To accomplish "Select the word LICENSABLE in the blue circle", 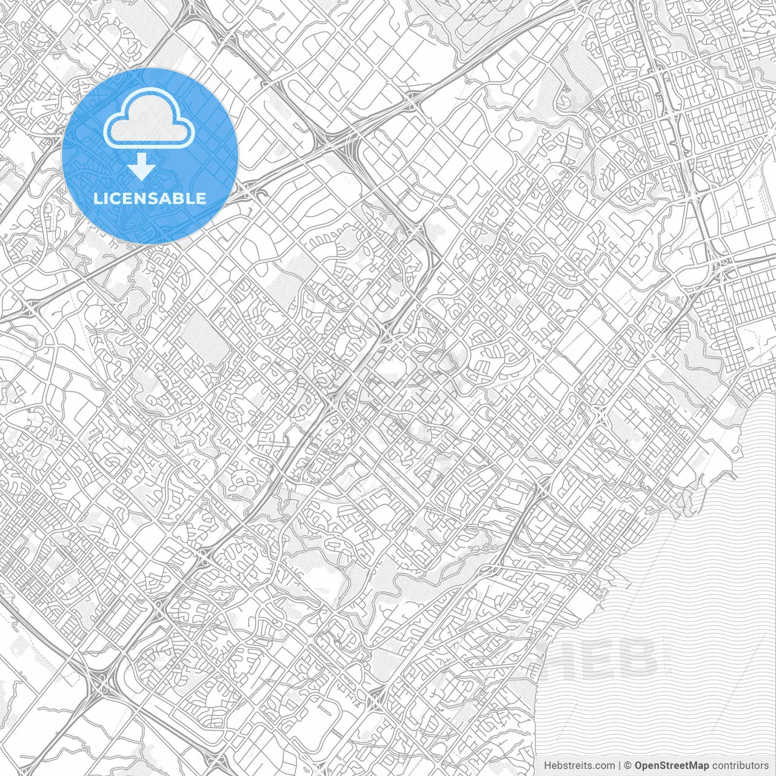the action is (150, 198).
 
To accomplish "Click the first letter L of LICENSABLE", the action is (98, 198).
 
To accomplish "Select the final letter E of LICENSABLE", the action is (201, 198).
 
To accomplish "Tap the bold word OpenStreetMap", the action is (671, 766).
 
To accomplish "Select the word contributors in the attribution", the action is (740, 766).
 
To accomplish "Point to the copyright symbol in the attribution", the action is (628, 766).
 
